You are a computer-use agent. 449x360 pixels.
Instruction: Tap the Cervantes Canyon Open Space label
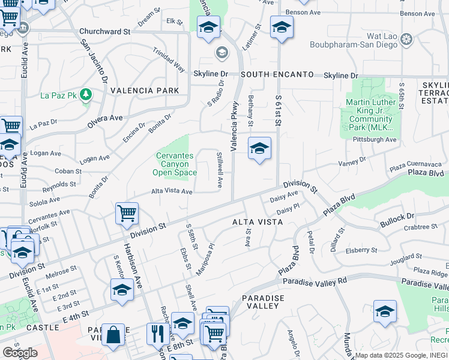click(x=175, y=164)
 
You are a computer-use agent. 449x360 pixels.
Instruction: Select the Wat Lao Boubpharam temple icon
click(x=407, y=40)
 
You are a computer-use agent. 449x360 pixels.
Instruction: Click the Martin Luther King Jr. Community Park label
click(x=370, y=115)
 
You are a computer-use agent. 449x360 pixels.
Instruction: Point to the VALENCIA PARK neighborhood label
click(x=145, y=91)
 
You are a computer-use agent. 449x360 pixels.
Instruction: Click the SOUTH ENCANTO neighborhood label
click(x=277, y=74)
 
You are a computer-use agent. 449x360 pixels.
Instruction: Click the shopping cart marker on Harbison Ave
click(x=127, y=213)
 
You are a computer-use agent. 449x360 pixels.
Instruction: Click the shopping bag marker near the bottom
click(x=113, y=335)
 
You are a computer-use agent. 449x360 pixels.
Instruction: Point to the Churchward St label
click(x=104, y=31)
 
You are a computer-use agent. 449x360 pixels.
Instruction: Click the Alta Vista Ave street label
click(x=172, y=191)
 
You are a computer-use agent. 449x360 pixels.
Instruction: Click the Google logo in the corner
click(x=19, y=353)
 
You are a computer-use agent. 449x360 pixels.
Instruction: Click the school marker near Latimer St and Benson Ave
click(x=281, y=26)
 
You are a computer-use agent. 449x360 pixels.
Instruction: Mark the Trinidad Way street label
click(x=168, y=59)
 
